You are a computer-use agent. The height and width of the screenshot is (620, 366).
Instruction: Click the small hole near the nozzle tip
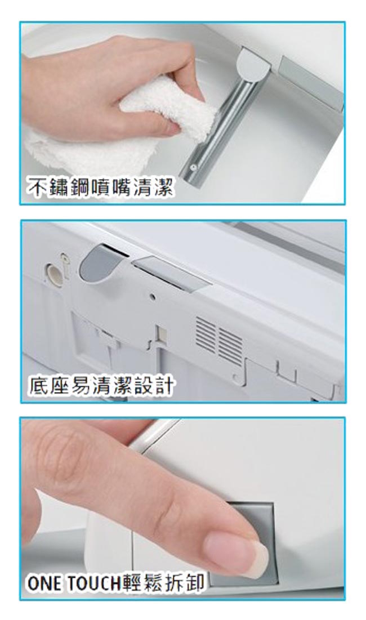coord(193,167)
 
